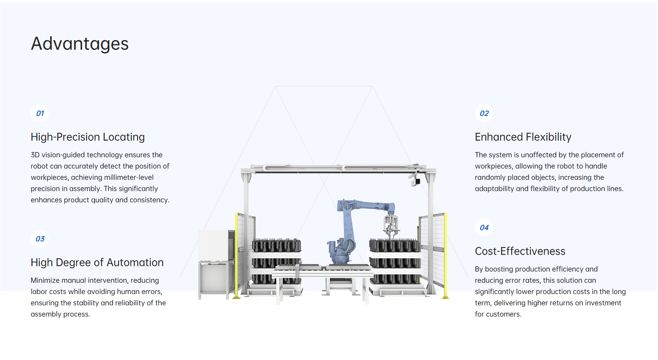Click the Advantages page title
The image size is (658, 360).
[x=80, y=44]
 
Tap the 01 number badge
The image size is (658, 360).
[x=40, y=113]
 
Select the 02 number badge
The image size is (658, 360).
[x=484, y=113]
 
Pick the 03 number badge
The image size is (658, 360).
[x=40, y=239]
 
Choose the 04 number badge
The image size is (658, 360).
[x=484, y=228]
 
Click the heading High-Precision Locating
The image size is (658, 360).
[x=88, y=137]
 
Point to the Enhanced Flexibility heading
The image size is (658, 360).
[x=523, y=137]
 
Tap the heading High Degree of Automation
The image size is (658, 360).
[x=97, y=263]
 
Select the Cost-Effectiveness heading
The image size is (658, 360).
[x=520, y=251]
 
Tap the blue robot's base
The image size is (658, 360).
[x=341, y=255]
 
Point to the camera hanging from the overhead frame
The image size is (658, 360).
[x=416, y=182]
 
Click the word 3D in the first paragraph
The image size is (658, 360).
[x=35, y=155]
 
